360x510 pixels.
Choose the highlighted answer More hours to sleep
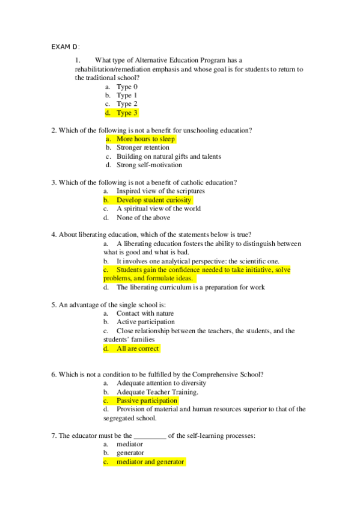click(145, 139)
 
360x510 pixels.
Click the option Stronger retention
click(143, 147)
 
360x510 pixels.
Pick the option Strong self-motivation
click(149, 165)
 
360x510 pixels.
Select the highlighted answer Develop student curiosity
click(154, 200)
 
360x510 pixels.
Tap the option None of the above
click(143, 218)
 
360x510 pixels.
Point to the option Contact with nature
click(145, 313)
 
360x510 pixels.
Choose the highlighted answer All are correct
click(138, 348)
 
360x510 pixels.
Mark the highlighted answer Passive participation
click(147, 401)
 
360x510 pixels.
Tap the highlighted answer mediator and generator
click(150, 462)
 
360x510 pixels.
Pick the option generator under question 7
click(130, 453)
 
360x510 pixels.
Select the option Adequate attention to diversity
click(161, 383)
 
